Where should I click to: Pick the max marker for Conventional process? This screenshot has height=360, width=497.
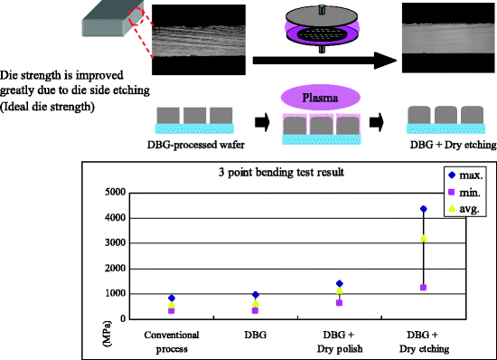172,298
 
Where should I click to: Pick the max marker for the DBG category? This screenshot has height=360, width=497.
255,295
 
